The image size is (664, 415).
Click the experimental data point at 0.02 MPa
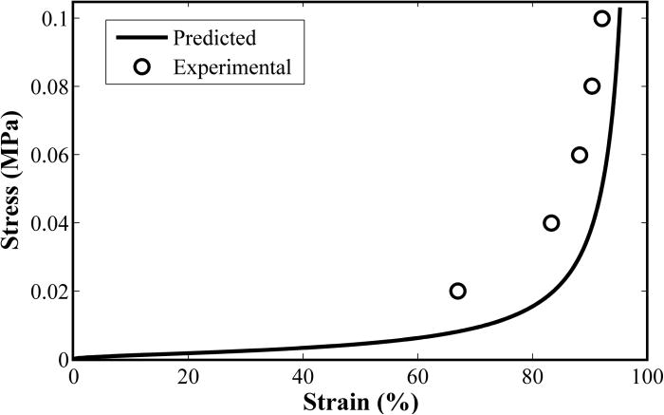[x=458, y=291]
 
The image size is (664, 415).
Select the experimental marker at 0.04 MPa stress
[x=551, y=223]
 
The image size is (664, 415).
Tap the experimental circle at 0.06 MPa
[x=580, y=155]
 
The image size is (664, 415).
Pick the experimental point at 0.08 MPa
[x=592, y=86]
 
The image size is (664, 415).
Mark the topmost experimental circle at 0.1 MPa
[x=602, y=18]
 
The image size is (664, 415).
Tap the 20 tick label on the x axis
[x=188, y=375]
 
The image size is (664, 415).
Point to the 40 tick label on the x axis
[x=303, y=375]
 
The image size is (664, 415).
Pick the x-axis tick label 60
[x=417, y=375]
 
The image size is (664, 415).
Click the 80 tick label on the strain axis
[x=532, y=375]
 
